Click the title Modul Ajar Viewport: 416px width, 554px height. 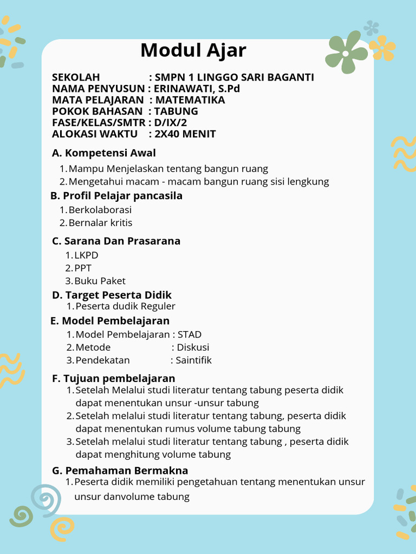(x=193, y=50)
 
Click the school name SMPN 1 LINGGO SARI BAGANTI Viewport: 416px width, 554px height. (x=234, y=77)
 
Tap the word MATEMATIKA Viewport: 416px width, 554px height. (x=190, y=100)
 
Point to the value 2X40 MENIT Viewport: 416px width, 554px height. (x=185, y=134)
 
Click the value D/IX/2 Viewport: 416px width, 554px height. (x=170, y=123)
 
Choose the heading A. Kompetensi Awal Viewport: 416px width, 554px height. (x=103, y=153)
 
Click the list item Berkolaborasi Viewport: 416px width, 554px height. (x=100, y=210)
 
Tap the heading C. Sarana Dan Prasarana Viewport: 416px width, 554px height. (x=116, y=241)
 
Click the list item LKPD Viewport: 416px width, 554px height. (x=86, y=255)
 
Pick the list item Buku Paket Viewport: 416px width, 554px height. (x=100, y=281)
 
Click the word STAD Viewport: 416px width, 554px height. (x=190, y=334)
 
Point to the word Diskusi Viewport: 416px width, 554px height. (x=193, y=347)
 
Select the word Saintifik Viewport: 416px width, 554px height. (x=193, y=360)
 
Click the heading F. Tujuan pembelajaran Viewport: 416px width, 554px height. (x=113, y=378)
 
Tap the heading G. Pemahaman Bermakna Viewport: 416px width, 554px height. (x=120, y=471)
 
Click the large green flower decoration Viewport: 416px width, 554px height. (x=346, y=52)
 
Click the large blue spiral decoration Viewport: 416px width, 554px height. (x=45, y=499)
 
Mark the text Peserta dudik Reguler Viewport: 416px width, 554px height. (x=125, y=306)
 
